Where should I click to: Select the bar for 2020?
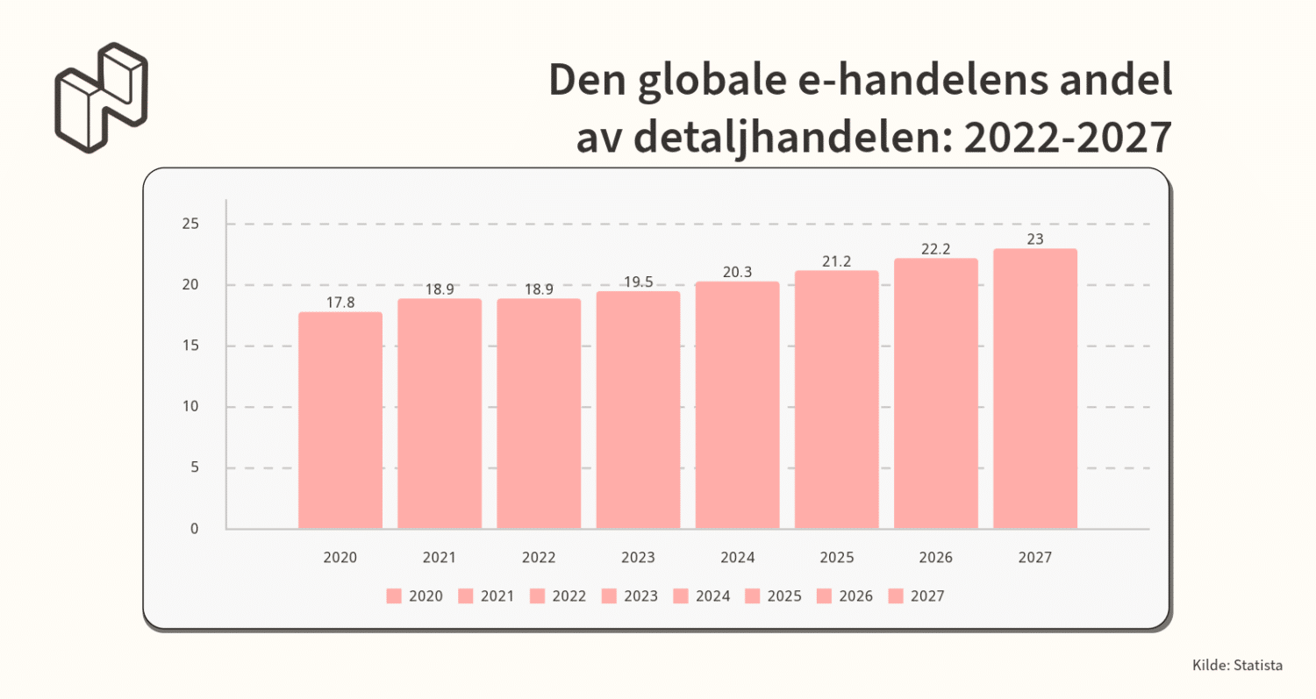(x=340, y=420)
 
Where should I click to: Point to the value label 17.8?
(x=340, y=302)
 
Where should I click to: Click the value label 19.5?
(x=638, y=281)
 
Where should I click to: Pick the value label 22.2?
(x=936, y=249)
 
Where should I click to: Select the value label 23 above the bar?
(x=1035, y=239)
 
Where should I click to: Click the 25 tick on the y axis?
(x=190, y=225)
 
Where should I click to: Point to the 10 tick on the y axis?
(x=190, y=407)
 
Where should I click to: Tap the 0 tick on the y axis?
(x=194, y=529)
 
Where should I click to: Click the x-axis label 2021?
(x=440, y=557)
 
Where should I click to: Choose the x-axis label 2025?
(x=836, y=557)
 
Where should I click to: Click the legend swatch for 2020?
(x=393, y=596)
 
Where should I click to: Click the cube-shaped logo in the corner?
(x=101, y=96)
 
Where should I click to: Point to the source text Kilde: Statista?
(x=1237, y=666)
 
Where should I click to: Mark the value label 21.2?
(x=836, y=260)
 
